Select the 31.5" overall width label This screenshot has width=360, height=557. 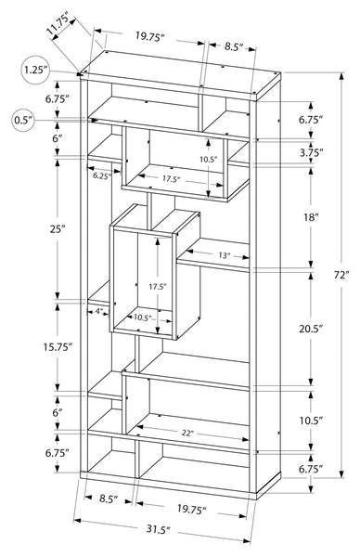(x=159, y=530)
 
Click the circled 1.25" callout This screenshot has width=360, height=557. (x=35, y=70)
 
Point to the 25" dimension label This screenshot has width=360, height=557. (x=58, y=229)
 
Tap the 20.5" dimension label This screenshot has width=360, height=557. (x=311, y=329)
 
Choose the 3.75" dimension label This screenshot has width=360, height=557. (x=311, y=153)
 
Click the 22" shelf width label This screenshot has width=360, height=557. (x=187, y=433)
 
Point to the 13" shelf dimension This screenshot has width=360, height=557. (x=224, y=255)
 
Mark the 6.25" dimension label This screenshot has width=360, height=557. (x=102, y=175)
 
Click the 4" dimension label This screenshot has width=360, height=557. (x=99, y=311)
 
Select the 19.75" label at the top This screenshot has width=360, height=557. (x=149, y=36)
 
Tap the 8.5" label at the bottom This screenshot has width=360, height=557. (x=109, y=499)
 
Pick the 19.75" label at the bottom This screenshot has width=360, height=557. (x=191, y=510)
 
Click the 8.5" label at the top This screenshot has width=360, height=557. (x=233, y=47)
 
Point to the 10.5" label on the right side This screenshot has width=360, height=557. (x=311, y=421)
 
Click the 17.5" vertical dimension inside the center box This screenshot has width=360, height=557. (x=158, y=286)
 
